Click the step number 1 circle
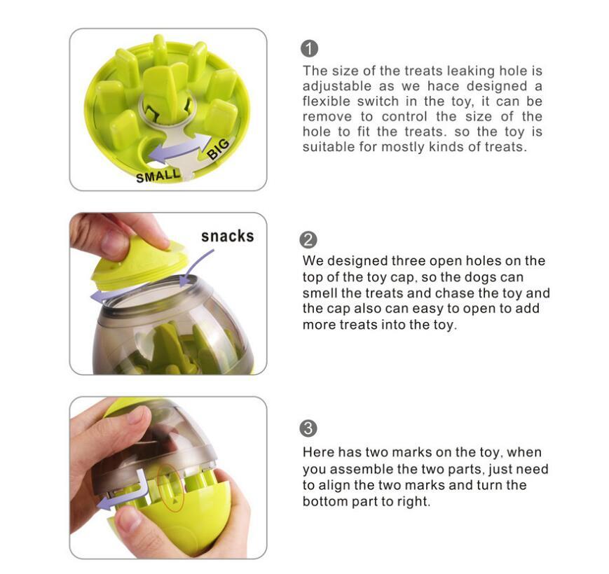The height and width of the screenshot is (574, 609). [309, 49]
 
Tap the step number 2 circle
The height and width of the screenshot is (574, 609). [308, 239]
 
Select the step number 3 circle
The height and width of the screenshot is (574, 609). [308, 428]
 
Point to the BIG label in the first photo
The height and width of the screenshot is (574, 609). [218, 148]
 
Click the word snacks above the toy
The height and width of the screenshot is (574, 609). [227, 236]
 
